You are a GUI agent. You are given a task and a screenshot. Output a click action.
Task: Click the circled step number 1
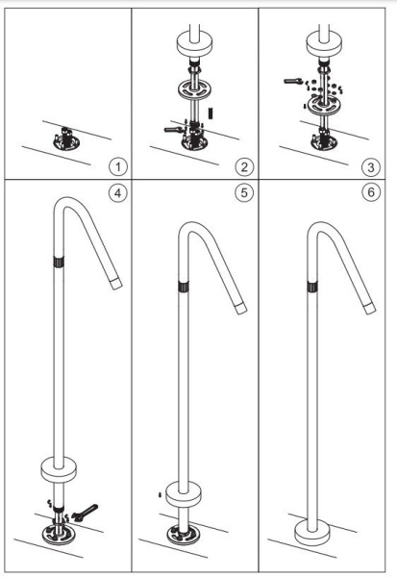coord(117,166)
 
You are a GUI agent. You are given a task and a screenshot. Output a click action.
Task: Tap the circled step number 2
coord(244,166)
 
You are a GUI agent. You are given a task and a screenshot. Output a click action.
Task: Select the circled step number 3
coord(370,167)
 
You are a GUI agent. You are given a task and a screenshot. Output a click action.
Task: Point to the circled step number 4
coord(117,192)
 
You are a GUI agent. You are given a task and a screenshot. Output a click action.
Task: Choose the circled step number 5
coord(244,192)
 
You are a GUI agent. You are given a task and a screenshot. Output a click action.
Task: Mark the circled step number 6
coord(371,192)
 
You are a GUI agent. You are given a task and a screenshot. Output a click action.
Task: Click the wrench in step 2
coord(173,129)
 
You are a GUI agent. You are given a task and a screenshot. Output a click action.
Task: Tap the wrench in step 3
coord(293,81)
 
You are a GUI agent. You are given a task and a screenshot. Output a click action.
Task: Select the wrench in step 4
coord(85,513)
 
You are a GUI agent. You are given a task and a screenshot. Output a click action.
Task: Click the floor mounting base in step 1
coord(65,139)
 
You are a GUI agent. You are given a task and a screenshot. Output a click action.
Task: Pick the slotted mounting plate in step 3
coord(324,105)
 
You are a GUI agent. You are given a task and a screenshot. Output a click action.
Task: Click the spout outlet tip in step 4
coord(116,284)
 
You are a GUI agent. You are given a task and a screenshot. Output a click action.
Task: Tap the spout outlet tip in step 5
coord(241,308)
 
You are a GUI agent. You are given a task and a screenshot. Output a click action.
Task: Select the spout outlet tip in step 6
coord(370,308)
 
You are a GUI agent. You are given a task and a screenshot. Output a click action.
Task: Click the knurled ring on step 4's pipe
coord(59,262)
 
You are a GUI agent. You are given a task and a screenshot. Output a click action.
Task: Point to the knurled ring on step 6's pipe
coord(312,287)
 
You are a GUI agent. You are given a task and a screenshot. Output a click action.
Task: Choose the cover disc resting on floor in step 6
coord(312,533)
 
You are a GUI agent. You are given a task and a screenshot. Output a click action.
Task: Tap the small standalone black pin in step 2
coord(211,113)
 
